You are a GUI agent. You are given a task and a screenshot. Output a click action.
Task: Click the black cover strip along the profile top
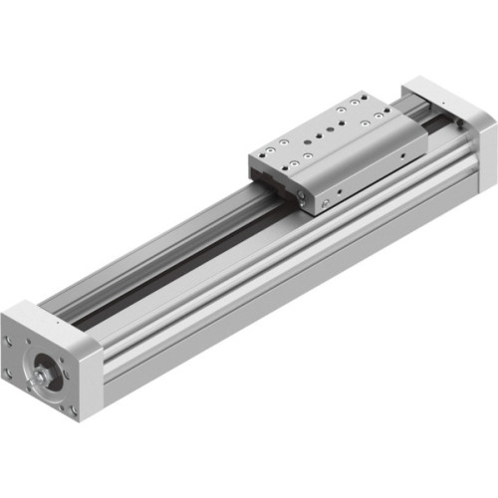point(169,264)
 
